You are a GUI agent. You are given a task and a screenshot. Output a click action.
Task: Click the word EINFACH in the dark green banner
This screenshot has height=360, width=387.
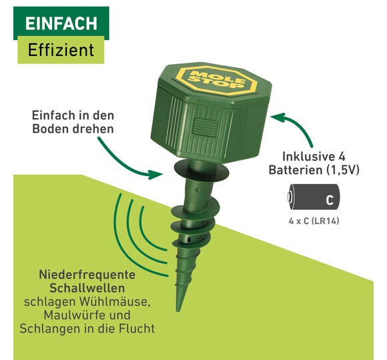[61, 24]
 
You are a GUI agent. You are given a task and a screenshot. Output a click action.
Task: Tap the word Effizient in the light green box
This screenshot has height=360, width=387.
[61, 50]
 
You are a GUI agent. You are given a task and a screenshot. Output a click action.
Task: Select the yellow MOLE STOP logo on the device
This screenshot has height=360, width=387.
[218, 80]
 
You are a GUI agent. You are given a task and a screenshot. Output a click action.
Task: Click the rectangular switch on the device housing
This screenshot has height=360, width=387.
[206, 127]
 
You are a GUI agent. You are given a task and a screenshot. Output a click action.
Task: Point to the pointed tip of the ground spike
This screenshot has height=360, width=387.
[177, 311]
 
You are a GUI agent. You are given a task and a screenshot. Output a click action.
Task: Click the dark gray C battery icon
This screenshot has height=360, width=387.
[314, 197]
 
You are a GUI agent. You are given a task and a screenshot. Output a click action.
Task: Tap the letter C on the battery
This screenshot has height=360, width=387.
[330, 200]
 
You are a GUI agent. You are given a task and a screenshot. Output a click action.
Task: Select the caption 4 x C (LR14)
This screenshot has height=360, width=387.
[314, 221]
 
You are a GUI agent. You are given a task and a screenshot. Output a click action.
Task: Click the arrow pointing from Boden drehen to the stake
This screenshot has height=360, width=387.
[125, 163]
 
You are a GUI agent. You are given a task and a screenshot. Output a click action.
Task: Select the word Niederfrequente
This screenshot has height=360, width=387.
[87, 275]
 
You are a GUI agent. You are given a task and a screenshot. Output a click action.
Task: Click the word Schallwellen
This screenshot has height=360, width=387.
[87, 288]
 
